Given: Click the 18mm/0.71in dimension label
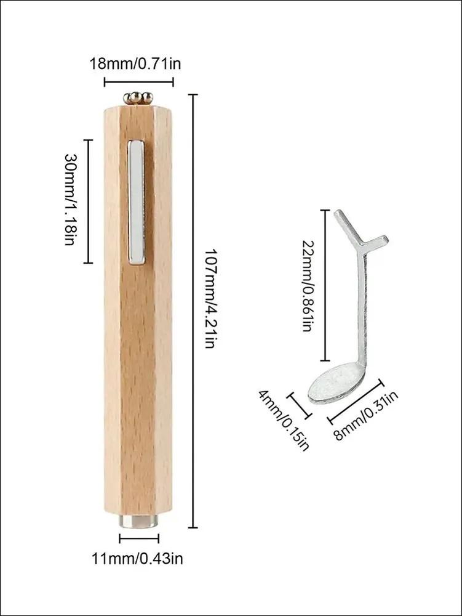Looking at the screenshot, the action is tap(136, 63).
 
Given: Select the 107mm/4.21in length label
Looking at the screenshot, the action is tap(210, 298).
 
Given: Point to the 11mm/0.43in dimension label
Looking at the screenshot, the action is tap(137, 558).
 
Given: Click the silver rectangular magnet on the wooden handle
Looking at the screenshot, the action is tap(137, 202).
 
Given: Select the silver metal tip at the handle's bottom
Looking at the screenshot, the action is tap(138, 521).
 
